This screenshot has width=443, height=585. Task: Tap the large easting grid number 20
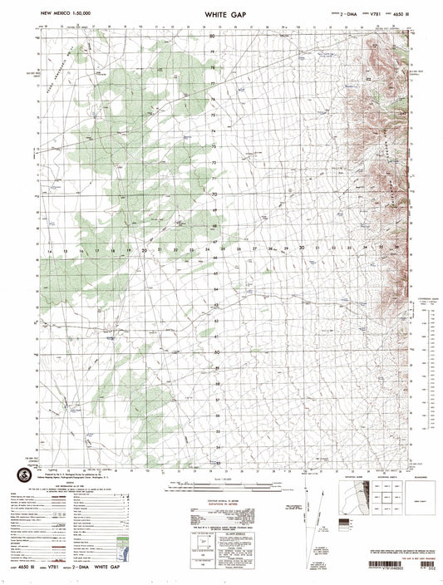(x=145, y=249)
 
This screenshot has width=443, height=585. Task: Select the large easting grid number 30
(x=303, y=248)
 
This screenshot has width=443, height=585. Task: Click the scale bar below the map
(x=221, y=484)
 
